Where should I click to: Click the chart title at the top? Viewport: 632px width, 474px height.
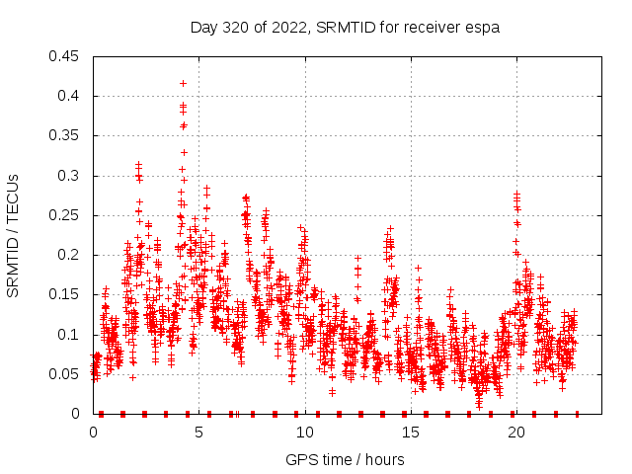345,27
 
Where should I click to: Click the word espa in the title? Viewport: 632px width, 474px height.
484,27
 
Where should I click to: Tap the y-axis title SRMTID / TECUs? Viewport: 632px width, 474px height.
14,234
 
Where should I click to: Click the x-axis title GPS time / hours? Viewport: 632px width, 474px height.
345,459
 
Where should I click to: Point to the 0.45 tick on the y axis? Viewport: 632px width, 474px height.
65,56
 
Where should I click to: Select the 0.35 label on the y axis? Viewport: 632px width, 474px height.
65,136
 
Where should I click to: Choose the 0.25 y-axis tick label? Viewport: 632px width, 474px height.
65,215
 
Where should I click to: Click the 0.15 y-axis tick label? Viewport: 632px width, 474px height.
65,295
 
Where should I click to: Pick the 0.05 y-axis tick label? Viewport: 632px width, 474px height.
65,374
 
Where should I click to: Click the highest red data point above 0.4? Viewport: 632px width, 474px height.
183,83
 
